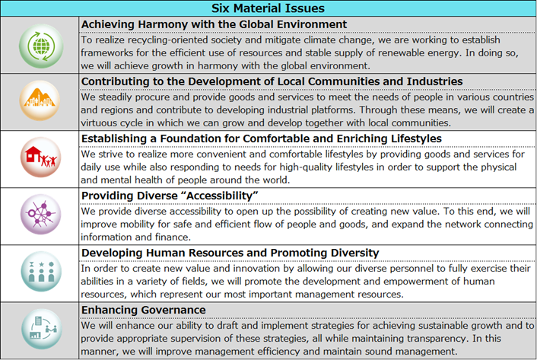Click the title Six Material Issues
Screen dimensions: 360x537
tap(268, 8)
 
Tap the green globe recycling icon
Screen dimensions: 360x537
tap(40, 45)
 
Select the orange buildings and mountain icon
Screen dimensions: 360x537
tap(40, 102)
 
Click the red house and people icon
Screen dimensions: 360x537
tap(40, 159)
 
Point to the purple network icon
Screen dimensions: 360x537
tap(40, 216)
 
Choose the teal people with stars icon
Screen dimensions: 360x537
tap(40, 273)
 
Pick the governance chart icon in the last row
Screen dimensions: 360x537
tap(40, 330)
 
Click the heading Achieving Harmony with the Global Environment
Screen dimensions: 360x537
tap(214, 24)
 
